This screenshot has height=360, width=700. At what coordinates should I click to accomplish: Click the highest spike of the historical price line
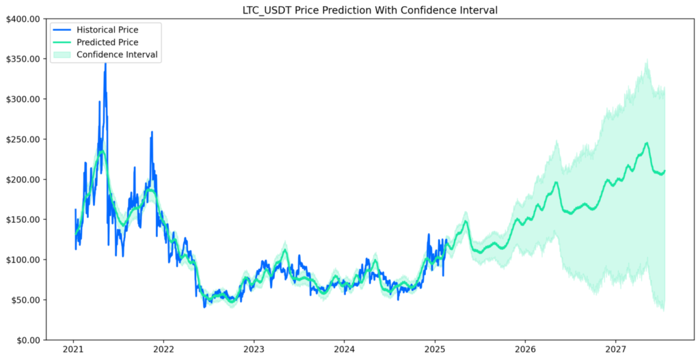[x=105, y=64]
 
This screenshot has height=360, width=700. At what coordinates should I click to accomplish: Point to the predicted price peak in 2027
[x=646, y=143]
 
